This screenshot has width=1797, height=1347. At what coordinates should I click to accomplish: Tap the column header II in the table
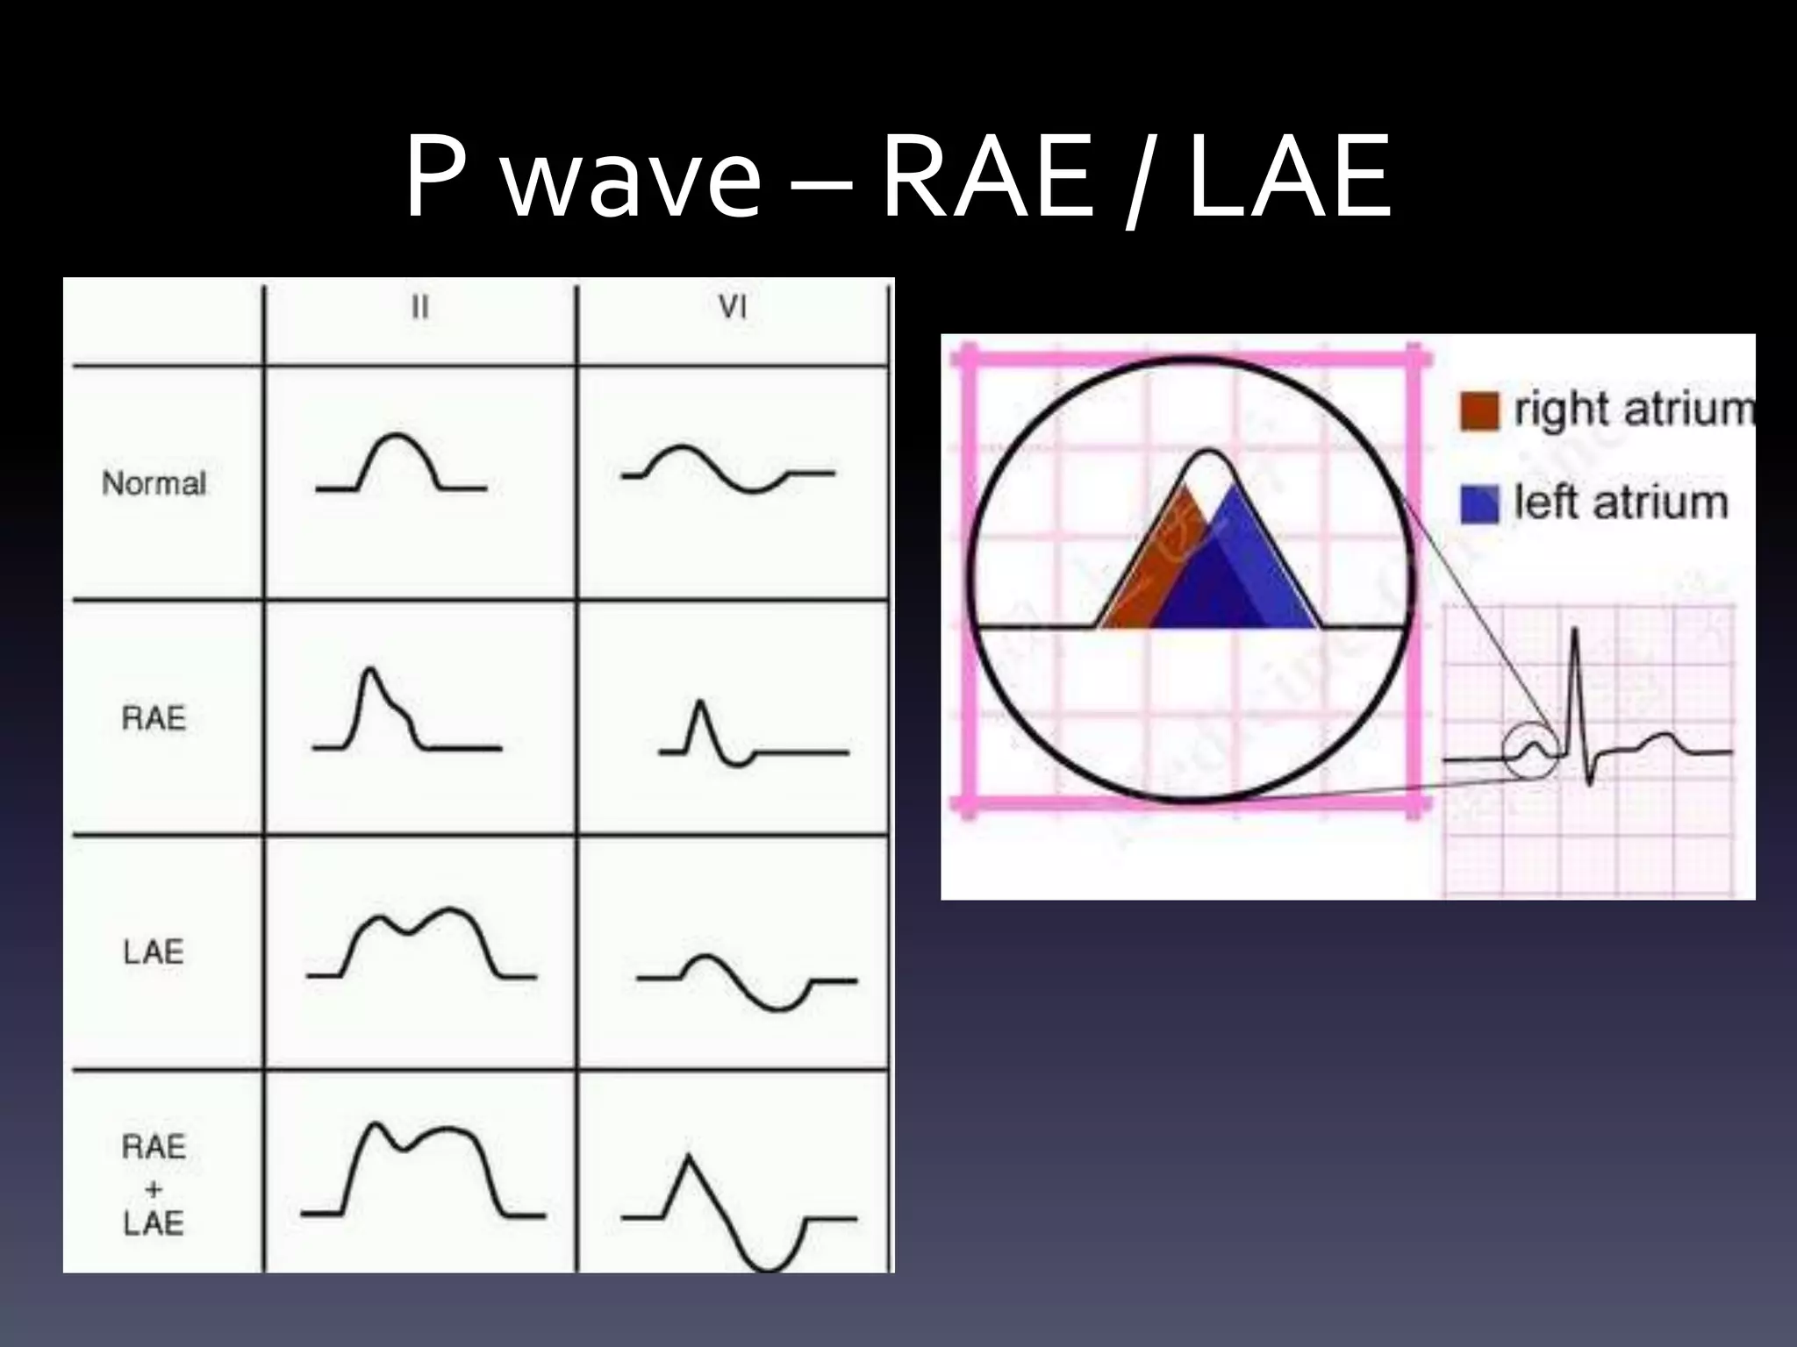[x=420, y=308]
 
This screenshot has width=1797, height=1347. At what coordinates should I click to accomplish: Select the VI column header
[x=733, y=308]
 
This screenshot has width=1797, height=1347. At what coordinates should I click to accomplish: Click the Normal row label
[x=154, y=483]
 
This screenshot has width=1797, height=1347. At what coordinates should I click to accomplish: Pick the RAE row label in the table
[x=154, y=719]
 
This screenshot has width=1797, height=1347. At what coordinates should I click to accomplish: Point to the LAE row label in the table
[x=154, y=952]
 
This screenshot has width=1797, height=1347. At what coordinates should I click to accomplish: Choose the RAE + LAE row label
[x=154, y=1185]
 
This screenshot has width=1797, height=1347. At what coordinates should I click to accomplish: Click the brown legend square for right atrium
[x=1479, y=411]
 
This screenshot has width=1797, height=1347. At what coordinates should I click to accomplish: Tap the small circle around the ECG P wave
[x=1530, y=752]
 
